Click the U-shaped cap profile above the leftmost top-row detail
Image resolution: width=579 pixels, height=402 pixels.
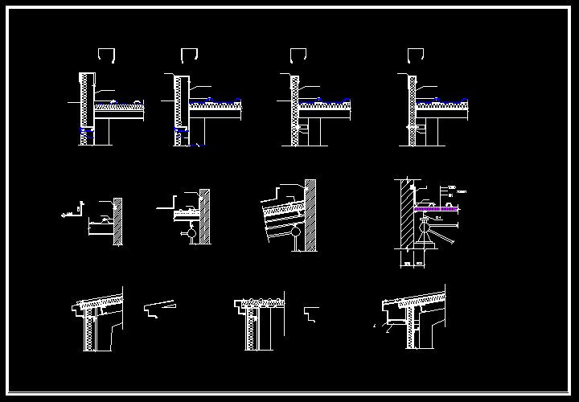click(106, 55)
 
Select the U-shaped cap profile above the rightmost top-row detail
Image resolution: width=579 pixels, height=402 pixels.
click(415, 55)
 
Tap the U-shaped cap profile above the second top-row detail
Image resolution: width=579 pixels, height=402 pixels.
click(190, 55)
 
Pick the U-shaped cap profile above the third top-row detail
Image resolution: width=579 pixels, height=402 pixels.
click(298, 55)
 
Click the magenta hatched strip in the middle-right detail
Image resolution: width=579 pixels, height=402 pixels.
click(436, 209)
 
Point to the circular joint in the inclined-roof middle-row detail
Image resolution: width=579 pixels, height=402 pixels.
click(297, 234)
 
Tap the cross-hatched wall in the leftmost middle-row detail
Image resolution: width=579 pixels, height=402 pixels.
click(118, 221)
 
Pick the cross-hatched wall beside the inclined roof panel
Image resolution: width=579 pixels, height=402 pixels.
click(310, 213)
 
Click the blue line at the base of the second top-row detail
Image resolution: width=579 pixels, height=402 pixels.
click(191, 145)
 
